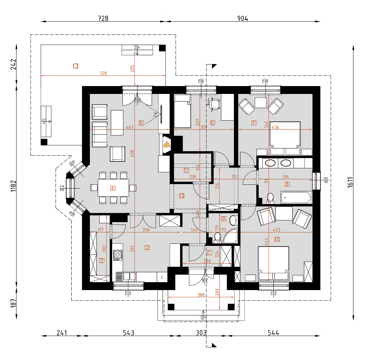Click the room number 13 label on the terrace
75,65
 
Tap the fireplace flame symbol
167,145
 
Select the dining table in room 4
113,188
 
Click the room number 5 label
142,122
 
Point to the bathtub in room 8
296,198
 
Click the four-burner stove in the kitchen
118,254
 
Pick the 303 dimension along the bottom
201,333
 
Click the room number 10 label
277,239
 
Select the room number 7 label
254,122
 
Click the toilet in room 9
217,237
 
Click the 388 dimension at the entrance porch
201,295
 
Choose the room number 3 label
102,260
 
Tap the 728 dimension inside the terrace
103,73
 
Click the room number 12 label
182,196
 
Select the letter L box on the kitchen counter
162,276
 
